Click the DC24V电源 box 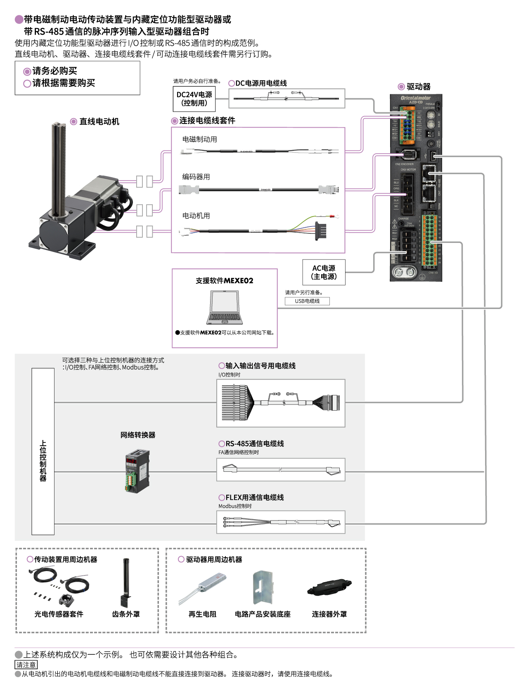click(x=194, y=99)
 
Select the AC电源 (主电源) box click(x=324, y=272)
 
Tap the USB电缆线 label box click(x=307, y=301)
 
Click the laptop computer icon click(x=225, y=308)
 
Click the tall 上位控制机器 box click(x=43, y=452)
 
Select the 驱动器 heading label click(x=418, y=87)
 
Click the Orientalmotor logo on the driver click(x=415, y=98)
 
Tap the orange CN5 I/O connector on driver click(x=430, y=240)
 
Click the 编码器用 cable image click(x=258, y=190)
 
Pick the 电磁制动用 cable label click(x=200, y=140)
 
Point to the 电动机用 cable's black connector click(x=321, y=230)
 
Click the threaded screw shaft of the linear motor click(x=58, y=165)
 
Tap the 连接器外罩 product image click(x=329, y=587)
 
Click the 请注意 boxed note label click(x=26, y=665)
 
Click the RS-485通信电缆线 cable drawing click(x=281, y=470)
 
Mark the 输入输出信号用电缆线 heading click(x=260, y=366)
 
